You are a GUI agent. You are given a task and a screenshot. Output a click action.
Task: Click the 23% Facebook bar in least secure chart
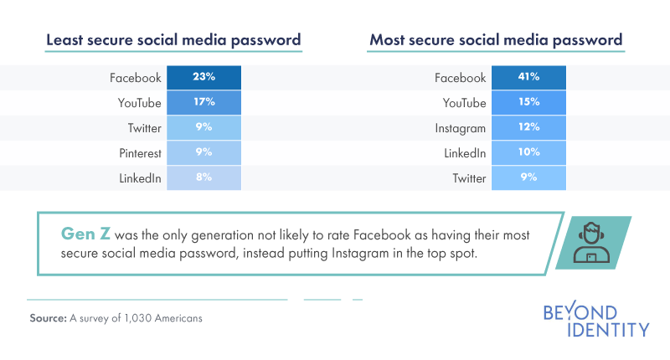click(x=204, y=78)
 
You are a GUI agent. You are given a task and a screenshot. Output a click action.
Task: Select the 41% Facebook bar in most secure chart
click(x=528, y=78)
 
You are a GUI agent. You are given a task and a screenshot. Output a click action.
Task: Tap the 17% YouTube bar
click(x=204, y=103)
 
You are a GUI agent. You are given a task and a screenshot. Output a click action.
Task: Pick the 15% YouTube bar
click(x=528, y=103)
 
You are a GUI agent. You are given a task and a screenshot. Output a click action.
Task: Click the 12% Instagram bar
click(x=528, y=128)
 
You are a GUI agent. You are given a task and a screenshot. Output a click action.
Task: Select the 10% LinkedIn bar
click(x=528, y=153)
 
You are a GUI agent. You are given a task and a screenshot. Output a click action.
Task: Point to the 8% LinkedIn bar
click(x=204, y=177)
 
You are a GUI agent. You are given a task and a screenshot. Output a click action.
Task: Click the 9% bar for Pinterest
click(x=204, y=153)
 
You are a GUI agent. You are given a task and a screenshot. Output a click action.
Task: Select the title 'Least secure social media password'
click(x=173, y=39)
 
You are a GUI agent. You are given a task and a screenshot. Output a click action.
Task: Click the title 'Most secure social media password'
click(x=496, y=39)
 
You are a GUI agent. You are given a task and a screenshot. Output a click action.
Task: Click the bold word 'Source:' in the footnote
click(x=48, y=318)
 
